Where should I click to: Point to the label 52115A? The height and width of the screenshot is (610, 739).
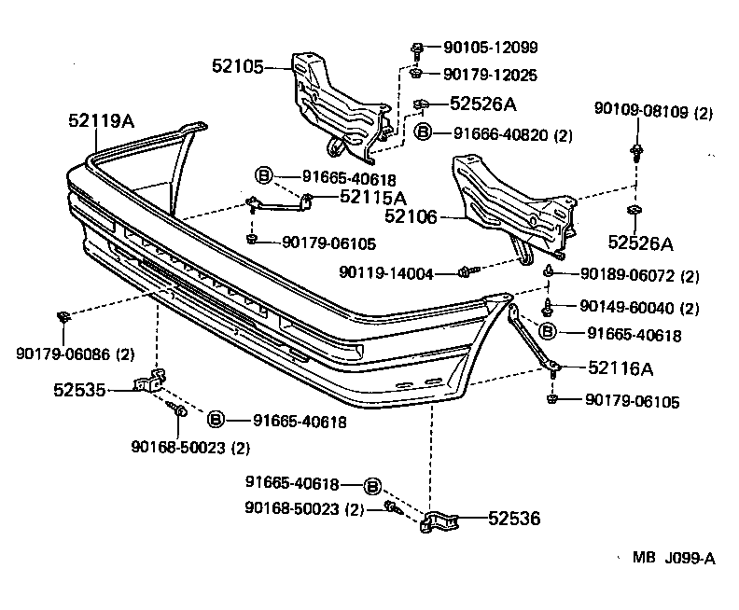373,197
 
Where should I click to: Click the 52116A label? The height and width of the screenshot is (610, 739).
620,369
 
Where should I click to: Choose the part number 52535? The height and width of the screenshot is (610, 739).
80,389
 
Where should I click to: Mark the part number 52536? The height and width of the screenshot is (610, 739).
514,519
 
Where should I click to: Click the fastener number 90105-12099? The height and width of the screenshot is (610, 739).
491,47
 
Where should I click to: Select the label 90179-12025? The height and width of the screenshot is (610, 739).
491,74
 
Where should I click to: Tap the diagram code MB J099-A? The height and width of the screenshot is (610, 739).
674,559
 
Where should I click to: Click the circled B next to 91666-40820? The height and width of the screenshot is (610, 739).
423,133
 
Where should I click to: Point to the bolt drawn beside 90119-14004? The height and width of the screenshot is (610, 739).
468,271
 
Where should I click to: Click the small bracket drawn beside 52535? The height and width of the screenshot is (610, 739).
150,382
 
